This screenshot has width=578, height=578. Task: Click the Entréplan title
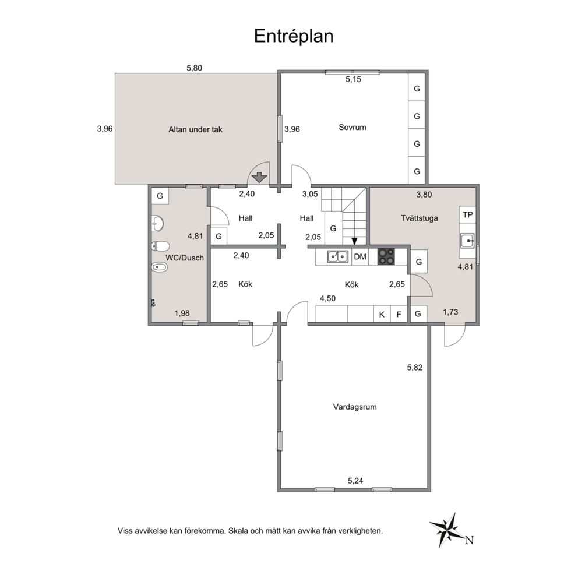tap(294, 37)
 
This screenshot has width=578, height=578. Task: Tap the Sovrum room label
tap(353, 127)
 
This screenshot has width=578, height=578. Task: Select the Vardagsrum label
tap(355, 407)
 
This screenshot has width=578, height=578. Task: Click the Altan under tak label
tap(195, 129)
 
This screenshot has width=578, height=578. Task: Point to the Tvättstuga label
tap(419, 218)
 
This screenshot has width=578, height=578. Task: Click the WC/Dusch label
tap(184, 258)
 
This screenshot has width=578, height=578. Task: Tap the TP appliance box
tap(467, 214)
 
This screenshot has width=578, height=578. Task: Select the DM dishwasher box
tap(360, 256)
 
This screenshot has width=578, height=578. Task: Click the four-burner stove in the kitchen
tap(386, 256)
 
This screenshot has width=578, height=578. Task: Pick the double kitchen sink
tap(338, 256)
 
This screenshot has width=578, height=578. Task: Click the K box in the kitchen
tap(382, 314)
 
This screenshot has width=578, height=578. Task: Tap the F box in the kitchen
tap(399, 314)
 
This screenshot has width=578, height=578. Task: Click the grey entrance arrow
tap(259, 177)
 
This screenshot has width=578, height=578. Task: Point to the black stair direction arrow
tap(354, 241)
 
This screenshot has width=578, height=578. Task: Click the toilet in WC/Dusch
tap(160, 246)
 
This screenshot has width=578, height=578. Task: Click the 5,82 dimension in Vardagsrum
tap(415, 368)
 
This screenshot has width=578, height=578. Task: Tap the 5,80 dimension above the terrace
tap(194, 68)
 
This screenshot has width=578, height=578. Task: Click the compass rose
tap(448, 530)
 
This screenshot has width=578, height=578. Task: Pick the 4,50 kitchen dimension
tap(327, 298)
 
